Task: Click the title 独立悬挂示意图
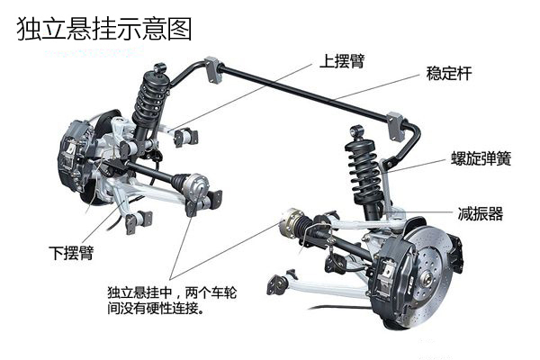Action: point(104,30)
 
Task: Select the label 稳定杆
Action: point(449,73)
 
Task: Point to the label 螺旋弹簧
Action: point(481,159)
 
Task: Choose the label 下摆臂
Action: point(72,249)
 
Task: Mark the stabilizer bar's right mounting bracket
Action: point(392,121)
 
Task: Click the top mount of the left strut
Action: point(160,68)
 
